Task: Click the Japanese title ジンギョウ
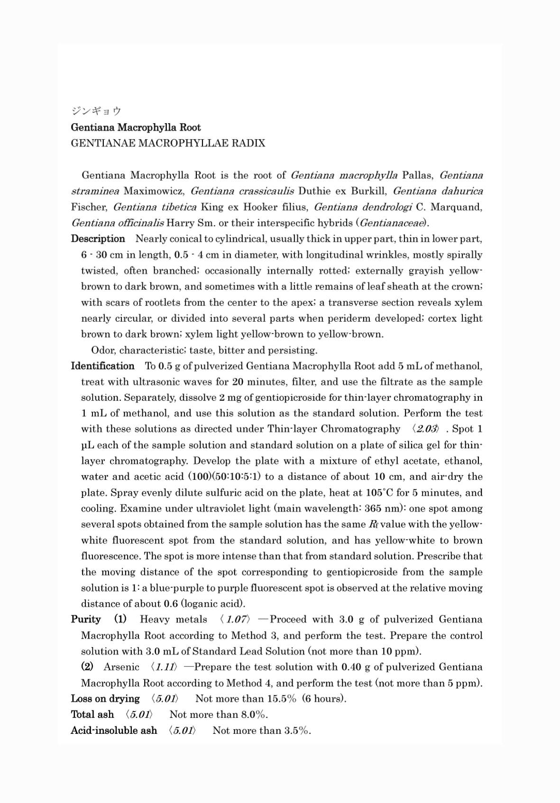96,111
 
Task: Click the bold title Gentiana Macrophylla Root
136,127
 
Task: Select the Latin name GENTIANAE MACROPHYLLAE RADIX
168,143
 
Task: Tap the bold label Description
98,239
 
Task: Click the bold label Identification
103,366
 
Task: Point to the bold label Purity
86,619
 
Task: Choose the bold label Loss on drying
105,699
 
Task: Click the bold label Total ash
92,714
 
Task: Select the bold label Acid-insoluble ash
114,731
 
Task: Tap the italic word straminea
95,191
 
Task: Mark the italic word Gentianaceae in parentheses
393,223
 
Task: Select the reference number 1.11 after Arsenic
164,667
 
